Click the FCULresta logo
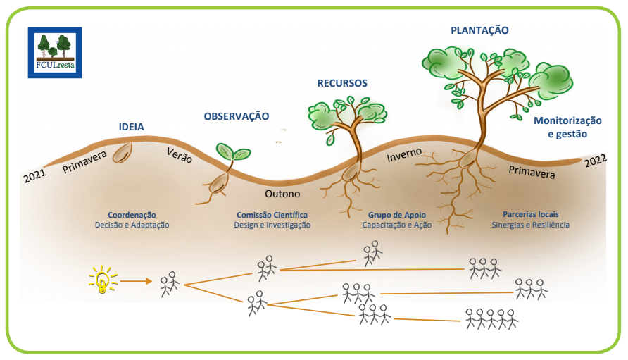tap(55, 53)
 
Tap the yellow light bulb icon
tap(103, 280)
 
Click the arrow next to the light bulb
tap(136, 281)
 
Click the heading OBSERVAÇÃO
tap(237, 116)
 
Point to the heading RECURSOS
tap(342, 83)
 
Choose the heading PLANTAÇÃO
tap(479, 30)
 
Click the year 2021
tap(34, 176)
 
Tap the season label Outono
tap(282, 194)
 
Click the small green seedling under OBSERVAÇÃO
tap(233, 152)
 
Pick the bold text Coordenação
tap(132, 214)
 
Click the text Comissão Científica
tap(272, 214)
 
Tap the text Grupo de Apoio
tap(396, 214)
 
